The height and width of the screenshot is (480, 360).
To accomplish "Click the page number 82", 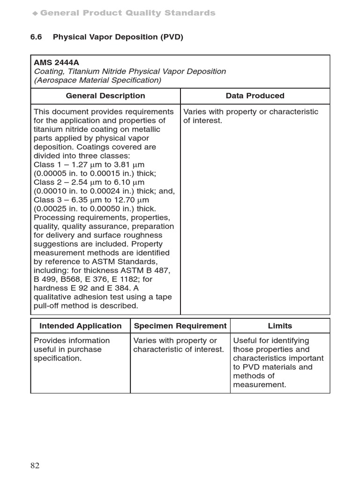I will pyautogui.click(x=35, y=465).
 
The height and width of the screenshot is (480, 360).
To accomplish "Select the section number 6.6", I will pyautogui.click(x=37, y=37).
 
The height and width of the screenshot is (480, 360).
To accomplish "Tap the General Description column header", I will pyautogui.click(x=105, y=96).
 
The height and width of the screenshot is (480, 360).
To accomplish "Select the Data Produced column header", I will pyautogui.click(x=255, y=96).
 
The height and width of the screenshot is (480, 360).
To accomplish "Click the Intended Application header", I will pyautogui.click(x=80, y=326).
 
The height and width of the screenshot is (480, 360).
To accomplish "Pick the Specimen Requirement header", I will pyautogui.click(x=180, y=326).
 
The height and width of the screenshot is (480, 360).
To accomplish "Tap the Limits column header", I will pyautogui.click(x=280, y=326).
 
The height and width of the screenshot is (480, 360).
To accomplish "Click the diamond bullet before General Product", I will pyautogui.click(x=35, y=14).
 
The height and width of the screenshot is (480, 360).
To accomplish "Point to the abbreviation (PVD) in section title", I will pyautogui.click(x=171, y=37).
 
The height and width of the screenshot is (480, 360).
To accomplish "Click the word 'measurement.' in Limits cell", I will pyautogui.click(x=259, y=385).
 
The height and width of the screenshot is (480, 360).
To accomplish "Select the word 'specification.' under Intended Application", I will pyautogui.click(x=57, y=358).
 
